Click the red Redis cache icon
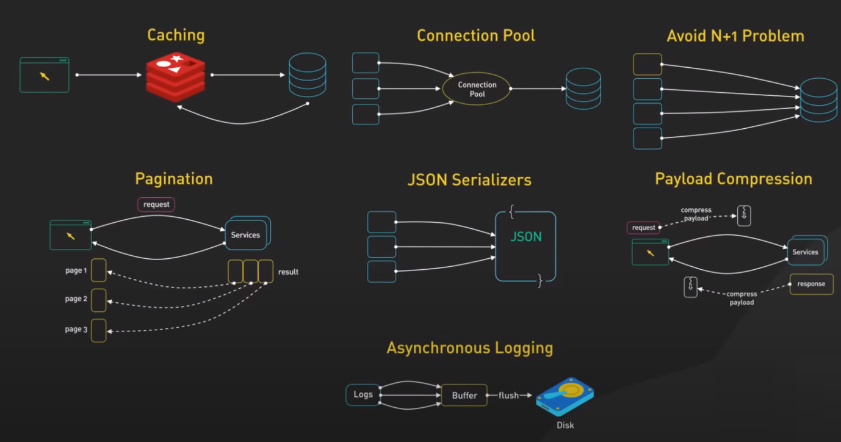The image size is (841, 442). pyautogui.click(x=176, y=76)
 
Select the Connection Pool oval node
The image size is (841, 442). pyautogui.click(x=477, y=89)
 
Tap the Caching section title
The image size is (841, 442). pyautogui.click(x=176, y=35)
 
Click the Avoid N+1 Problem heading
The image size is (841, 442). pyautogui.click(x=735, y=36)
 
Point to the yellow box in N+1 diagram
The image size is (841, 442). pyautogui.click(x=648, y=64)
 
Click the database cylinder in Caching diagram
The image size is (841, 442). pyautogui.click(x=307, y=75)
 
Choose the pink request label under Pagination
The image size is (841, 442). pyautogui.click(x=156, y=205)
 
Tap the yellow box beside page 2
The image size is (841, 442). pyautogui.click(x=99, y=300)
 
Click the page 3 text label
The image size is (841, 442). pyautogui.click(x=76, y=329)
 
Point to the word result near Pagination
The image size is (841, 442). pyautogui.click(x=288, y=272)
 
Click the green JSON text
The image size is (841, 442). pyautogui.click(x=526, y=237)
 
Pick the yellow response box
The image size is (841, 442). pyautogui.click(x=811, y=284)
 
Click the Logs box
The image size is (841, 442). pyautogui.click(x=363, y=394)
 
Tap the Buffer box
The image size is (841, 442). pyautogui.click(x=464, y=395)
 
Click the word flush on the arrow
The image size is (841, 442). pyautogui.click(x=508, y=396)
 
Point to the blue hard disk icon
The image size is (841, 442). pyautogui.click(x=565, y=397)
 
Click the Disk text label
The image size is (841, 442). pyautogui.click(x=565, y=425)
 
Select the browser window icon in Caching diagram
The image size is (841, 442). pyautogui.click(x=45, y=74)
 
